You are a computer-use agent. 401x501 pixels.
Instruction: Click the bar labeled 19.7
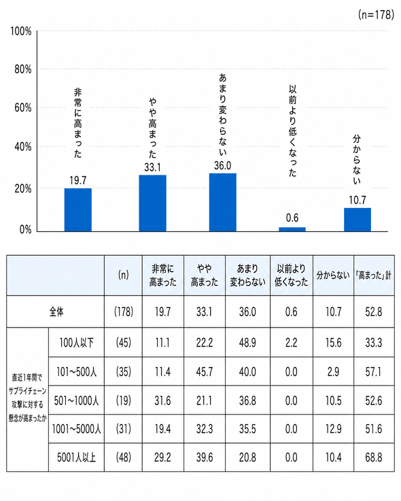(x=78, y=209)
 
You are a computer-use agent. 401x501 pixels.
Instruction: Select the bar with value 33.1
(x=152, y=203)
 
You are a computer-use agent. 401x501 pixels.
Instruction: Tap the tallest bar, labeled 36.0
(x=223, y=203)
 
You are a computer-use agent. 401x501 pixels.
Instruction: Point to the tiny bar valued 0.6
(x=292, y=229)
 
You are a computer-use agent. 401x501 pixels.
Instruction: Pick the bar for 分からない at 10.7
(x=358, y=220)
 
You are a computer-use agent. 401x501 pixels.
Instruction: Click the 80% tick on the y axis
(x=23, y=69)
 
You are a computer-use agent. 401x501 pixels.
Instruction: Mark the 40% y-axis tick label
(x=23, y=147)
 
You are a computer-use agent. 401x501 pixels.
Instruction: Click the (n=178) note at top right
(x=376, y=14)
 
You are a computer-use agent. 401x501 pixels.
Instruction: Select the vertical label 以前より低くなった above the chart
(x=293, y=131)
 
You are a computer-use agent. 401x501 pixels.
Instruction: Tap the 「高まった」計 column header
(x=374, y=275)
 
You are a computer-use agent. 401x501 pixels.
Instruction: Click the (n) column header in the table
(x=123, y=275)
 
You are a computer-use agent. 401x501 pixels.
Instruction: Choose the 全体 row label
(x=56, y=311)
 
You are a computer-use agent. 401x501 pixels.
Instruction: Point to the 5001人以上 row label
(x=76, y=457)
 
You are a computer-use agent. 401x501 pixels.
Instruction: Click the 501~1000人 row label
(x=76, y=400)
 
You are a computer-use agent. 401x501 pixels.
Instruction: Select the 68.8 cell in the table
(x=374, y=457)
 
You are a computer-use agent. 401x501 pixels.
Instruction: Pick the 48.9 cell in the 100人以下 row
(x=247, y=343)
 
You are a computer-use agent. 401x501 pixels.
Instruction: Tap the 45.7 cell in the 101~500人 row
(x=205, y=372)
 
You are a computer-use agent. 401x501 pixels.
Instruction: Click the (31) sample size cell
(x=123, y=429)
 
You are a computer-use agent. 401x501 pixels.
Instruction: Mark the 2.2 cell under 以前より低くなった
(x=291, y=343)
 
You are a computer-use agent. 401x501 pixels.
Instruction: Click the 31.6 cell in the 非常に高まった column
(x=162, y=400)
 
